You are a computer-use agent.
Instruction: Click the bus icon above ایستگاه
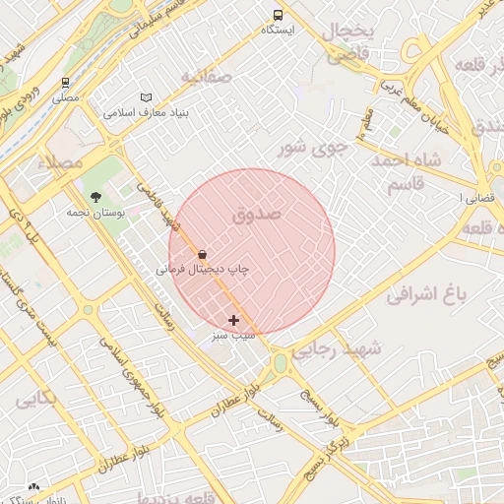278,15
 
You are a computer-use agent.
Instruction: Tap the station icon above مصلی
65,83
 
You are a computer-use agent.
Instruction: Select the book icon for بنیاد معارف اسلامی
147,97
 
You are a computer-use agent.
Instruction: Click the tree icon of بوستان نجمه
95,197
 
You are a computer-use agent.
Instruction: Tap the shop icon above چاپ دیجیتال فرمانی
203,253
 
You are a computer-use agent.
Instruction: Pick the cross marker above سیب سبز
233,320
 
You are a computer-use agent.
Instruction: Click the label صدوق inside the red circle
258,213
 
